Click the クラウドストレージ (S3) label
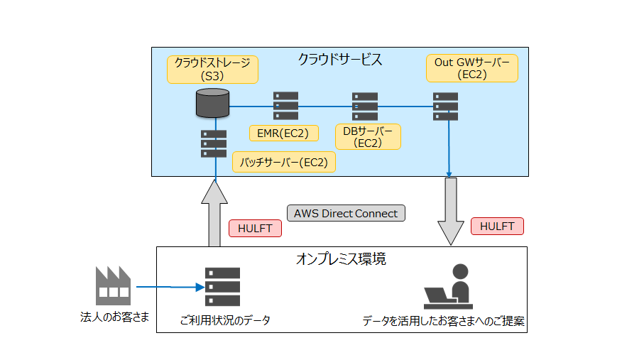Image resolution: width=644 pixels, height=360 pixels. [x=212, y=70]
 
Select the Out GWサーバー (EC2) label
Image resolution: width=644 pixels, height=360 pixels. [x=472, y=68]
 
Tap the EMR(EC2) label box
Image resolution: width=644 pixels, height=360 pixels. [x=283, y=133]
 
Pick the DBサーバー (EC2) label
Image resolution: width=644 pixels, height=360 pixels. [x=368, y=137]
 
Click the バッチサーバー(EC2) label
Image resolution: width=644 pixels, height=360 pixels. [x=284, y=163]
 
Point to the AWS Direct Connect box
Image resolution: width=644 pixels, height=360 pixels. [x=346, y=213]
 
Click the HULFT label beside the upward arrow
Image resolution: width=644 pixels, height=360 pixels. [x=255, y=228]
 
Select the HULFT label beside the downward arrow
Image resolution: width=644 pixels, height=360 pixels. [x=497, y=226]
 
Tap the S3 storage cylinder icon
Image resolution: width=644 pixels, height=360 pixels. [x=212, y=103]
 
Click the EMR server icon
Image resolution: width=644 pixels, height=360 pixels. [x=286, y=106]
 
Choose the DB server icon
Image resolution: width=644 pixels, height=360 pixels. [x=365, y=107]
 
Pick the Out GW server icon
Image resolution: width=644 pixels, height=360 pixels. [x=445, y=107]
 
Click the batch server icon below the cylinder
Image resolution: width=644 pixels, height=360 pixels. [x=214, y=144]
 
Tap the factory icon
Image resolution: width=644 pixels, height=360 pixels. [x=114, y=285]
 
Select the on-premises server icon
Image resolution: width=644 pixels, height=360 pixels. [x=223, y=287]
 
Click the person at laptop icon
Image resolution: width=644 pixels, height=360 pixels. [x=449, y=286]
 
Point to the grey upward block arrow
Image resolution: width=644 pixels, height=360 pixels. [x=214, y=213]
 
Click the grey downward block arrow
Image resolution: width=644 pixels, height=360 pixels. [x=451, y=211]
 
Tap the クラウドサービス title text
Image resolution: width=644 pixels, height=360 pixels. [x=340, y=60]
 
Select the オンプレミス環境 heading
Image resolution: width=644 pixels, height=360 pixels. [x=341, y=259]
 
